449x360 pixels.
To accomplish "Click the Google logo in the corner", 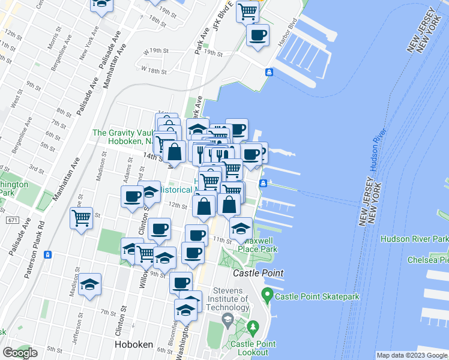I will [x=20, y=353].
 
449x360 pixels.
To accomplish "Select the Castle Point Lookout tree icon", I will [x=253, y=328].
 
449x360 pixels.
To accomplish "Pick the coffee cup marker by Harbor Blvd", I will [x=258, y=35].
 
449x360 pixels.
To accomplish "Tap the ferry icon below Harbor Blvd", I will [x=270, y=72].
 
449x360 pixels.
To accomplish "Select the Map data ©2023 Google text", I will [x=411, y=355].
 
